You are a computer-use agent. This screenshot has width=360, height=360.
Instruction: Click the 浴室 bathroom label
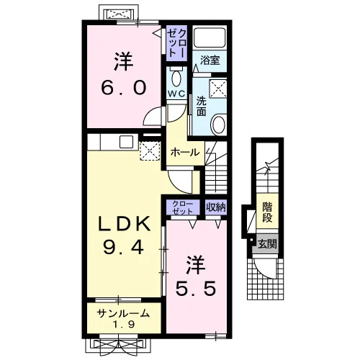tap(210, 60)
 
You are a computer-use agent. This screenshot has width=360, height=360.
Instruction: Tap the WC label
tap(176, 94)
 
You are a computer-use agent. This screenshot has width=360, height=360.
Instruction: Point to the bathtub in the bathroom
tap(210, 37)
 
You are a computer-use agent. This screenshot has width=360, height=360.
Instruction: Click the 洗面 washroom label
tap(202, 107)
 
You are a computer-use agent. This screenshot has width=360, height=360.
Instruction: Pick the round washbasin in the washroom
tap(218, 125)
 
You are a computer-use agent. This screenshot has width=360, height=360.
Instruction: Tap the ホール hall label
tap(185, 152)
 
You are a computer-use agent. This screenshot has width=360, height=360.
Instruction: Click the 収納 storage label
tap(216, 207)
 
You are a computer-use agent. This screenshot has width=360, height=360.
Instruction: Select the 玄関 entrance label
tap(267, 244)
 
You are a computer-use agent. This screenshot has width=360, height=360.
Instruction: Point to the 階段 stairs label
tap(267, 212)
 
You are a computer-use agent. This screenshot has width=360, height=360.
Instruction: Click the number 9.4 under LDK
tap(124, 248)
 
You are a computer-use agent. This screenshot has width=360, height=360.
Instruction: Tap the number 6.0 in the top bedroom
tap(124, 88)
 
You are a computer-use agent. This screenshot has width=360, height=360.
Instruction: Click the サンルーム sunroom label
tap(123, 313)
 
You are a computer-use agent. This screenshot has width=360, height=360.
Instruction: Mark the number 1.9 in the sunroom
tap(124, 325)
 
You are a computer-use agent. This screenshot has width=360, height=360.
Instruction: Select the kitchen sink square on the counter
tap(126, 142)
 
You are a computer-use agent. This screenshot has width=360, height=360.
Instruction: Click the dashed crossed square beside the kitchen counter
tap(150, 150)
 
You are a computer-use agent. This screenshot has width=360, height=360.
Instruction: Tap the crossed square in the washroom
tap(218, 89)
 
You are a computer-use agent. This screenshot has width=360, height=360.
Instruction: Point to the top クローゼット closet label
tap(176, 42)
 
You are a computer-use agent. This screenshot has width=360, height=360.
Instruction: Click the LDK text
tap(124, 224)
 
